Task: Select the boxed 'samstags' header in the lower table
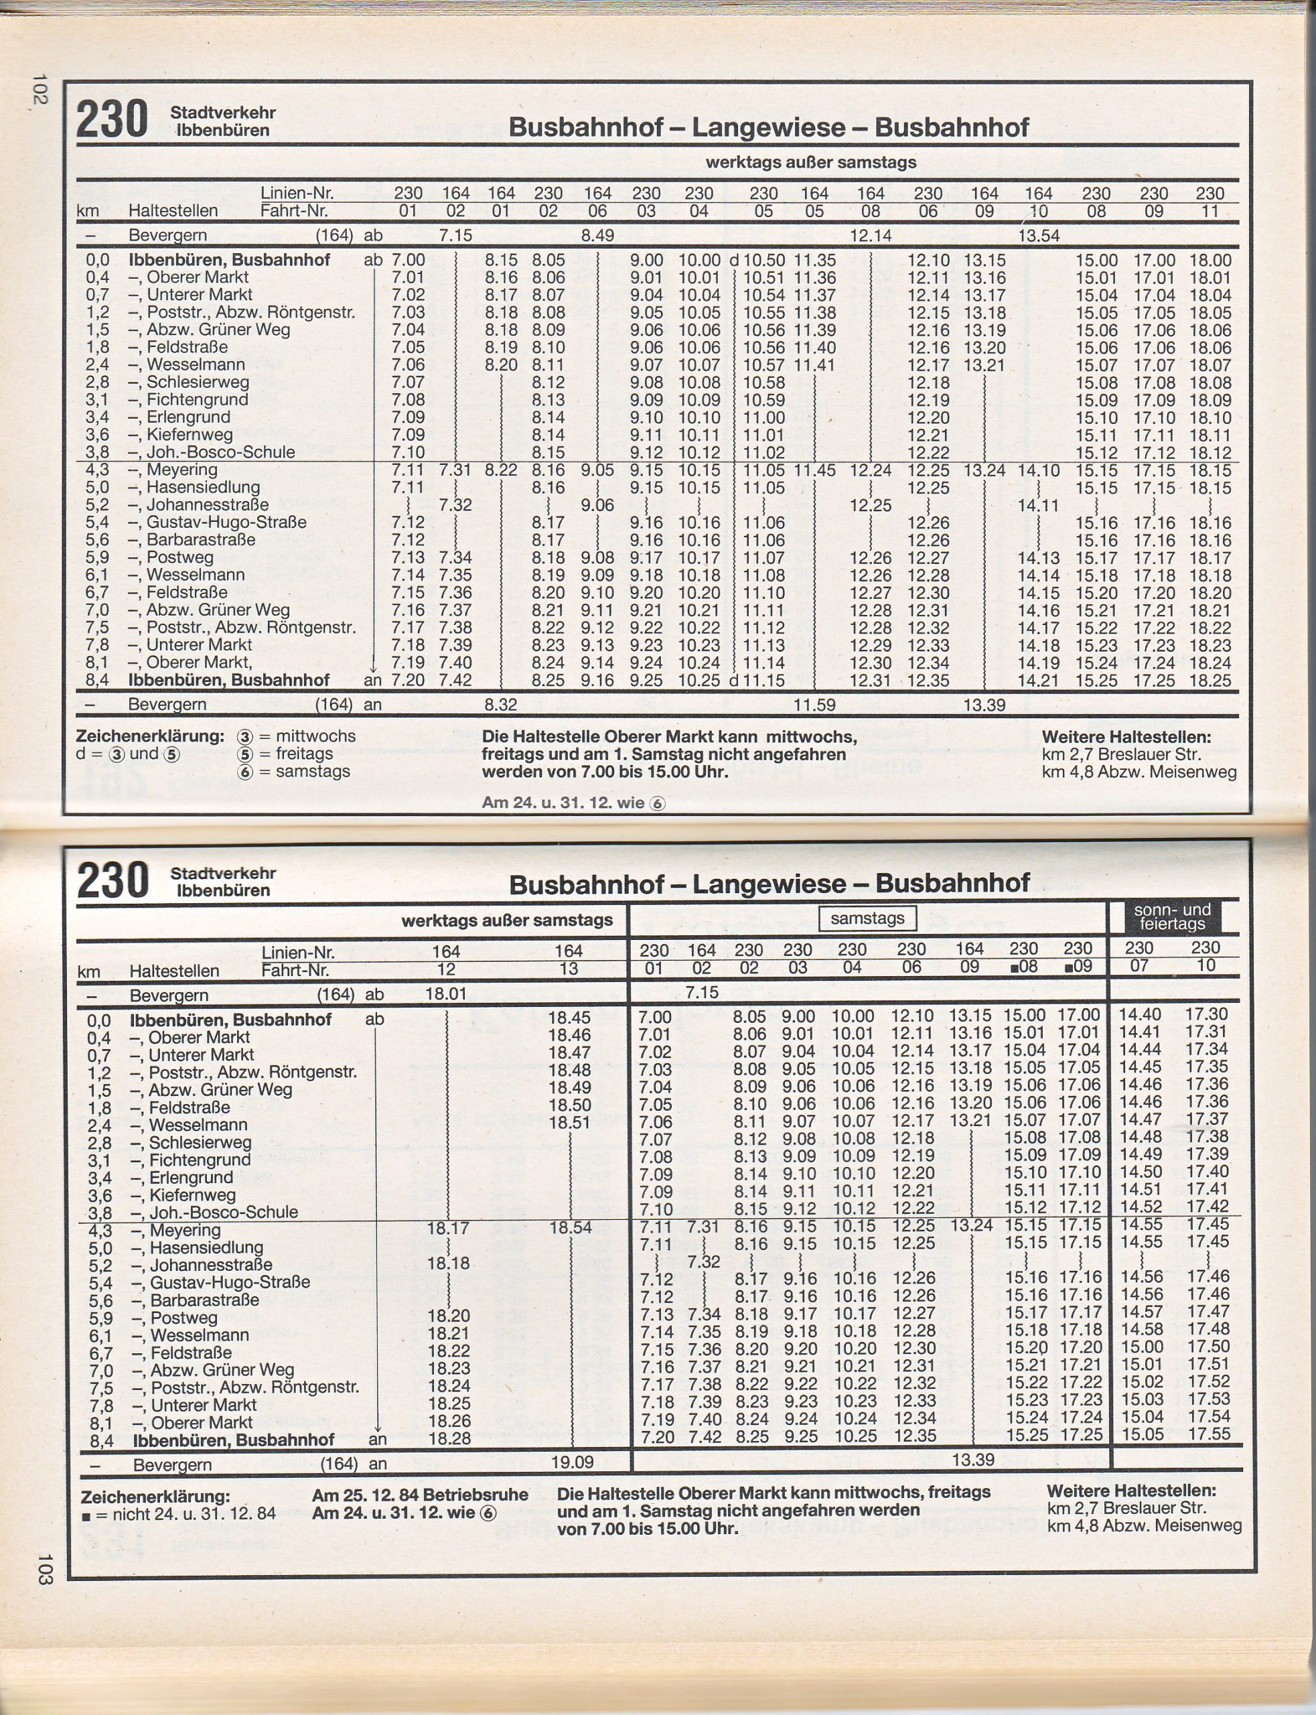pos(867,918)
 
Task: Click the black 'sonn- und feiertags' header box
pos(1172,916)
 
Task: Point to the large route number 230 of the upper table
pos(111,120)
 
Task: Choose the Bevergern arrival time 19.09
pos(572,1462)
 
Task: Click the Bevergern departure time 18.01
pos(446,993)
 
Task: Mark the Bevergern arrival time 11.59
pos(814,704)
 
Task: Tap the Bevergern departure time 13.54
pos(1038,235)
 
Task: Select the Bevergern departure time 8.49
pos(597,235)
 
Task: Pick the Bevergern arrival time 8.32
pos(500,704)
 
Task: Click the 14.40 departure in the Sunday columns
pos(1140,1014)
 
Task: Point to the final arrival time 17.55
pos(1207,1434)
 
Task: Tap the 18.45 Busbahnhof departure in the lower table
pos(569,1018)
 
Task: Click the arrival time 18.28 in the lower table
pos(449,1438)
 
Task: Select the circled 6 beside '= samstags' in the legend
pos(245,772)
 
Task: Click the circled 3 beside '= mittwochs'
pos(245,736)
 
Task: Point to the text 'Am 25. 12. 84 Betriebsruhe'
pos(420,1495)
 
